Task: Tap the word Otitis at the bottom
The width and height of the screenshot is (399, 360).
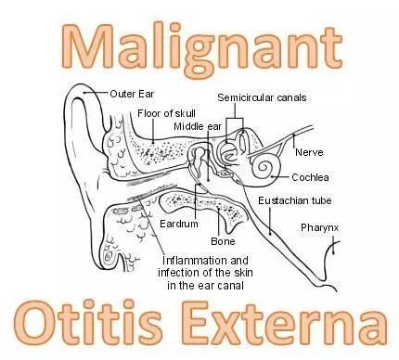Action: pos(89,323)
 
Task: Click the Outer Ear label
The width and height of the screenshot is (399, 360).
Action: pos(132,94)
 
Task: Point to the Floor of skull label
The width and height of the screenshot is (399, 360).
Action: pos(166,113)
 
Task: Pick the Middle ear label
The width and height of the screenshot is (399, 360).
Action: pos(198,126)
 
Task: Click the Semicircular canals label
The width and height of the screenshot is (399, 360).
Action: pos(262,97)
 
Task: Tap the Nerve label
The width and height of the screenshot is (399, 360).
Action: pos(309,152)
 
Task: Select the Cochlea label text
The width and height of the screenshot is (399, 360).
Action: pos(310,177)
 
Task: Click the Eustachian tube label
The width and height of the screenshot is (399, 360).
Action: pos(295,200)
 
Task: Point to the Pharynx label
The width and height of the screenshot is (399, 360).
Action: pos(319,228)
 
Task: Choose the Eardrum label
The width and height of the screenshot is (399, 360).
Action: pos(179,224)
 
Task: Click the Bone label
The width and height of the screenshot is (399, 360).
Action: pos(223,241)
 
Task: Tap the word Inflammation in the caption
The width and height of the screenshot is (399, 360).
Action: pos(194,261)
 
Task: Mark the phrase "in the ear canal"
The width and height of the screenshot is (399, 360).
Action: pos(205,285)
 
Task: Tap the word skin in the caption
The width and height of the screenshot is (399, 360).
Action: pos(243,273)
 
